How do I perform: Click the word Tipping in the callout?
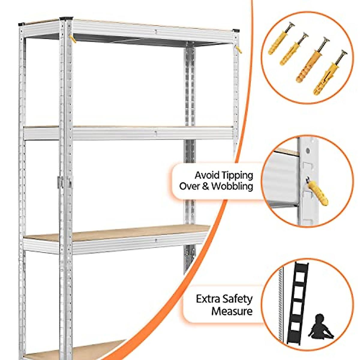click(237, 175)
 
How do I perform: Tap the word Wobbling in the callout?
click(232, 186)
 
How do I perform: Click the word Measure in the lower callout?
click(232, 311)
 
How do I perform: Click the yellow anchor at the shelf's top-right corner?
click(239, 49)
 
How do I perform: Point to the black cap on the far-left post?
click(21, 24)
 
